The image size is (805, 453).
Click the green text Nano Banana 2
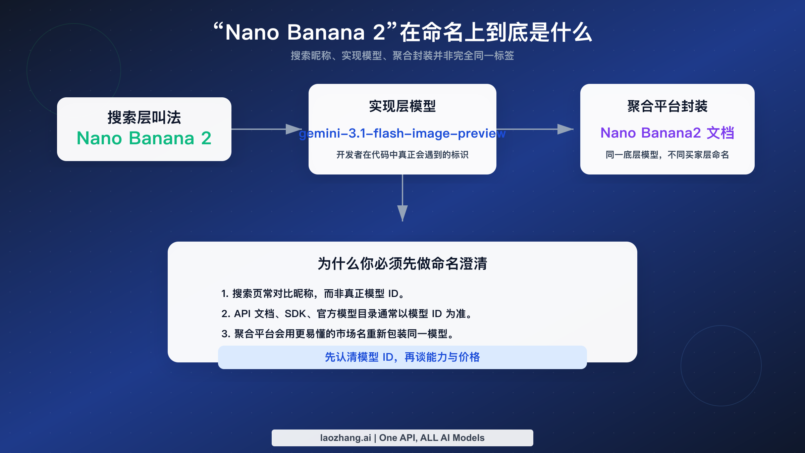[144, 138]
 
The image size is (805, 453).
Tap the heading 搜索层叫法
[144, 117]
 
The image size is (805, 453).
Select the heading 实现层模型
[402, 106]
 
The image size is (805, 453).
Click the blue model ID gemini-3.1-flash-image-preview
[402, 134]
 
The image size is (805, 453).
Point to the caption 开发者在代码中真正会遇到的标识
[402, 155]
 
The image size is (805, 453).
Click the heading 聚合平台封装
[667, 106]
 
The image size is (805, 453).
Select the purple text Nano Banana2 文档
[667, 133]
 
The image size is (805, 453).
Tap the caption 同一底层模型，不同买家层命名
[667, 155]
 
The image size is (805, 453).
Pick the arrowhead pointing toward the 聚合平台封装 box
[565, 129]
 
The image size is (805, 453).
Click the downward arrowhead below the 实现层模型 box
[402, 213]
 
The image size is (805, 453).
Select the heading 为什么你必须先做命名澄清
[402, 263]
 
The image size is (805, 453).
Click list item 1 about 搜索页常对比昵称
[314, 294]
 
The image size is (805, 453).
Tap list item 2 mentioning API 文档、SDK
[347, 314]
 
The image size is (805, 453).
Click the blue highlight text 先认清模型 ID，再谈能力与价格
[402, 357]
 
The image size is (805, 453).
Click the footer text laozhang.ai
[345, 438]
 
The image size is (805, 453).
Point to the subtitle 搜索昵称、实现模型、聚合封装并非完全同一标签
[402, 56]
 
